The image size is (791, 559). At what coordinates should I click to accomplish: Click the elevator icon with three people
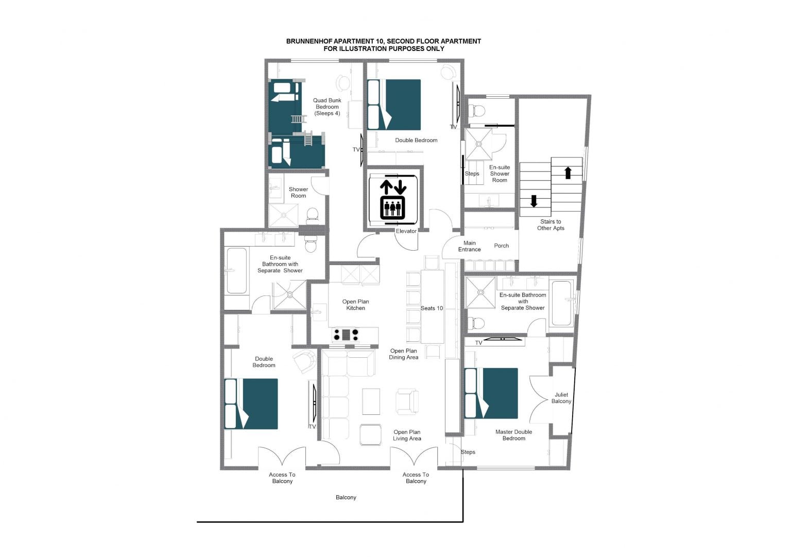[393, 208]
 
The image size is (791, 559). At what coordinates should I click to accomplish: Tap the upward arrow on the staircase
[568, 173]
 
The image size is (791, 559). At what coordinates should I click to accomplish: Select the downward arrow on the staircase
[534, 201]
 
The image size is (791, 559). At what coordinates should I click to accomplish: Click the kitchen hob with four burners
[346, 335]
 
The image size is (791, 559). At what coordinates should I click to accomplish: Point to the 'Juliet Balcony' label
[561, 398]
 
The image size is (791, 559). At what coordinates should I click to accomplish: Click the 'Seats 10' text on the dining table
[432, 308]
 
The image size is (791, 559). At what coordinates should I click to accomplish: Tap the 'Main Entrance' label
[469, 246]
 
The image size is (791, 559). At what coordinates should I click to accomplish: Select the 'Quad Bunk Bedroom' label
[328, 107]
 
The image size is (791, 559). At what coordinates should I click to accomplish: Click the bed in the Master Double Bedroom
[491, 393]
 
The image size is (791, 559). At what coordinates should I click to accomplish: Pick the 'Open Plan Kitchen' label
[356, 305]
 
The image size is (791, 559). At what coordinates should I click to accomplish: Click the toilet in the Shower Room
[312, 216]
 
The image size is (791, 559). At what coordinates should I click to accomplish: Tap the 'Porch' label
[502, 246]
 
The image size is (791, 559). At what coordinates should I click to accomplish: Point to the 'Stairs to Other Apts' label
[551, 225]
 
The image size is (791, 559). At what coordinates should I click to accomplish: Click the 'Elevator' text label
[406, 231]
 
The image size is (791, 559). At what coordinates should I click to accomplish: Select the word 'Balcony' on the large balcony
[346, 497]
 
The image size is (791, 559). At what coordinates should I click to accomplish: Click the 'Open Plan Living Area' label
[407, 435]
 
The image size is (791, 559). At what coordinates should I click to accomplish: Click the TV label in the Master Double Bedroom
[478, 343]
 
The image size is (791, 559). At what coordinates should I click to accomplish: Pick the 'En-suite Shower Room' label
[500, 173]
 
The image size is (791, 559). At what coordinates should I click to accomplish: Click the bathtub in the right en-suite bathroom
[561, 303]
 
